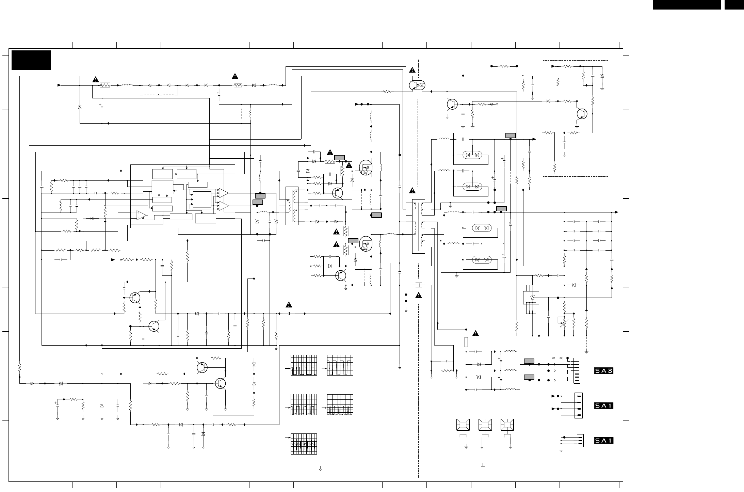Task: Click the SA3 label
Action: coord(603,371)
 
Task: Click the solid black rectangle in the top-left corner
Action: coord(31,60)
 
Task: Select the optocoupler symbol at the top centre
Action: coord(417,85)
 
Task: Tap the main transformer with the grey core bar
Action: coord(418,226)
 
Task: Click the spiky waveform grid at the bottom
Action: coord(304,444)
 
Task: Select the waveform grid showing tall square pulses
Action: coord(340,365)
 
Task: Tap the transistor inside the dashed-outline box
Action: coord(582,114)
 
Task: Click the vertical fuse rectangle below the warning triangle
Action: coord(466,343)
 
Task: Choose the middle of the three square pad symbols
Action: coord(485,425)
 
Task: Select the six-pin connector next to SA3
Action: coord(577,370)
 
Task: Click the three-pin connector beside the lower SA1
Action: coord(580,441)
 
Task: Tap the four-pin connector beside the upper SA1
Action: coord(578,406)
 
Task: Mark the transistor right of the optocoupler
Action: coord(452,104)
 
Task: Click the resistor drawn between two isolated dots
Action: coord(504,66)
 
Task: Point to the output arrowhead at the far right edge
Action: coord(616,212)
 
